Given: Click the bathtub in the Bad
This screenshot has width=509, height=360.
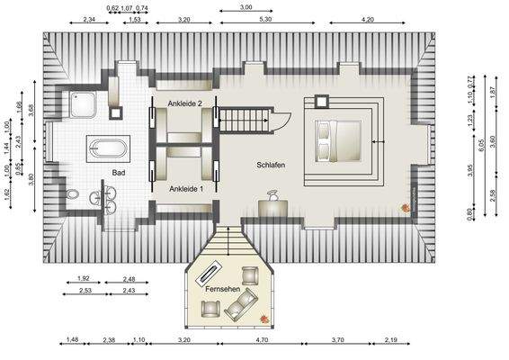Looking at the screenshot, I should (x=108, y=148).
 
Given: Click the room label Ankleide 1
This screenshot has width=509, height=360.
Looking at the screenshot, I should (x=186, y=189).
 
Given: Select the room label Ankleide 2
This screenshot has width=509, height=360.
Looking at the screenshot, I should (x=184, y=104).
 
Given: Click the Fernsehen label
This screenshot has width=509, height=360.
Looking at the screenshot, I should (x=223, y=290).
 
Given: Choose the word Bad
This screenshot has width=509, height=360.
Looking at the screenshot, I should (x=119, y=172).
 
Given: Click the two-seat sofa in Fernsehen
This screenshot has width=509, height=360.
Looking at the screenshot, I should (x=240, y=309).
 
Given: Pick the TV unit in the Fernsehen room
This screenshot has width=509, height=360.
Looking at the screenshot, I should (x=210, y=272).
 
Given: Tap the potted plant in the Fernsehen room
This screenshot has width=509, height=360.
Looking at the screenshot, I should (x=262, y=319).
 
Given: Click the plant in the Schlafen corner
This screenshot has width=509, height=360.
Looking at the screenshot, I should (x=406, y=209).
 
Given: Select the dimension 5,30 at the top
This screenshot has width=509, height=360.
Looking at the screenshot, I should (x=265, y=19).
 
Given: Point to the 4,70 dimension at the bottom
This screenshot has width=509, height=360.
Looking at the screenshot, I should (x=263, y=340).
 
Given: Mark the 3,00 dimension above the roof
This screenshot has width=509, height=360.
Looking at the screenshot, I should (x=246, y=7).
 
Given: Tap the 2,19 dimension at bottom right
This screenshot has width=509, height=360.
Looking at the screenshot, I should (x=391, y=340).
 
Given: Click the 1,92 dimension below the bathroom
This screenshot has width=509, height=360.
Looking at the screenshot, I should (x=85, y=279).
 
